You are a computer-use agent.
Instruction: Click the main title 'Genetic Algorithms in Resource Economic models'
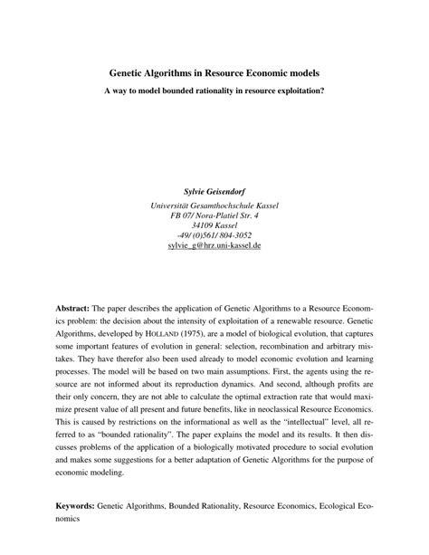tap(214, 72)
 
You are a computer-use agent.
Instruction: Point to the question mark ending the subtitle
tap(323, 91)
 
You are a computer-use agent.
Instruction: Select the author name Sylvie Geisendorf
tap(214, 193)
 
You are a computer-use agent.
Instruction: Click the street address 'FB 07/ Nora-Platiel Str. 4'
tap(214, 217)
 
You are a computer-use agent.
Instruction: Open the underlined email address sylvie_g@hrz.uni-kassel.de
tap(214, 246)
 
